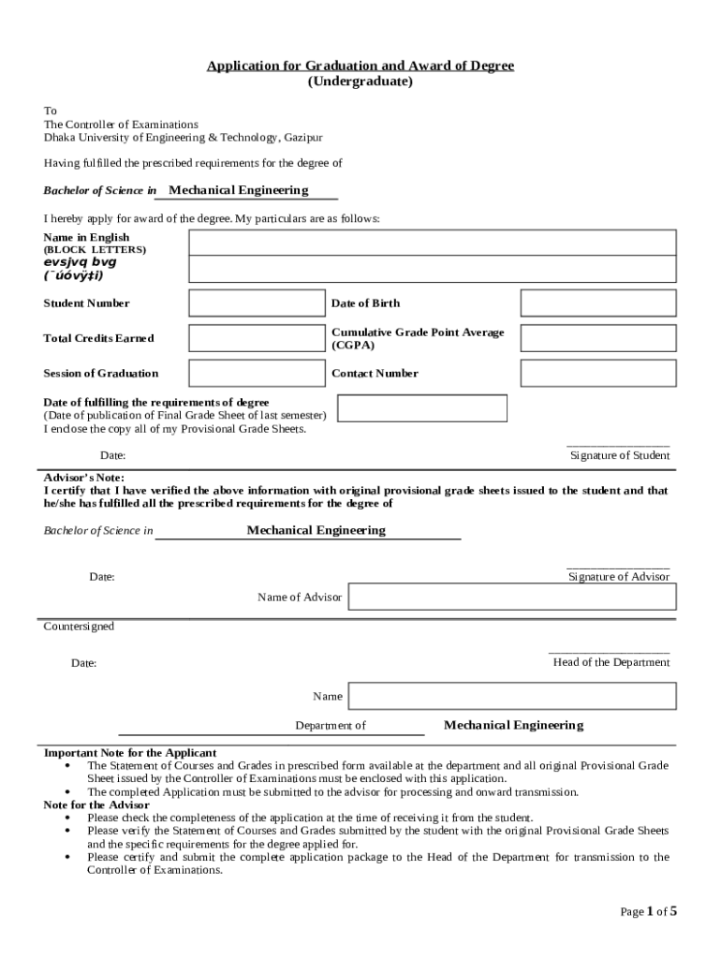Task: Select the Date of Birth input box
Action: pyautogui.click(x=597, y=303)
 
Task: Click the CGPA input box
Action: pyautogui.click(x=597, y=338)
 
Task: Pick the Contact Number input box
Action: pyautogui.click(x=597, y=374)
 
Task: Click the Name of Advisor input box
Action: pyautogui.click(x=512, y=598)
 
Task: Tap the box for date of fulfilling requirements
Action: pyautogui.click(x=421, y=408)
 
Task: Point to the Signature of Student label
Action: pyautogui.click(x=620, y=456)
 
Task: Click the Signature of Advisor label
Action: pyautogui.click(x=619, y=577)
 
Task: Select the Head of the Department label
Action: pyautogui.click(x=611, y=662)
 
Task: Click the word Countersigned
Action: pyautogui.click(x=79, y=627)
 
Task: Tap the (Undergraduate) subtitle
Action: pyautogui.click(x=360, y=81)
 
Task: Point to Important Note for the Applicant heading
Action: pyautogui.click(x=130, y=753)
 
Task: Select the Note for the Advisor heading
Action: pyautogui.click(x=96, y=804)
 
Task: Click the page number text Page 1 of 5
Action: pyautogui.click(x=648, y=911)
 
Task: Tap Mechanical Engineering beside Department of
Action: pyautogui.click(x=513, y=725)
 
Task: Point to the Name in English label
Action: pyautogui.click(x=86, y=238)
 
